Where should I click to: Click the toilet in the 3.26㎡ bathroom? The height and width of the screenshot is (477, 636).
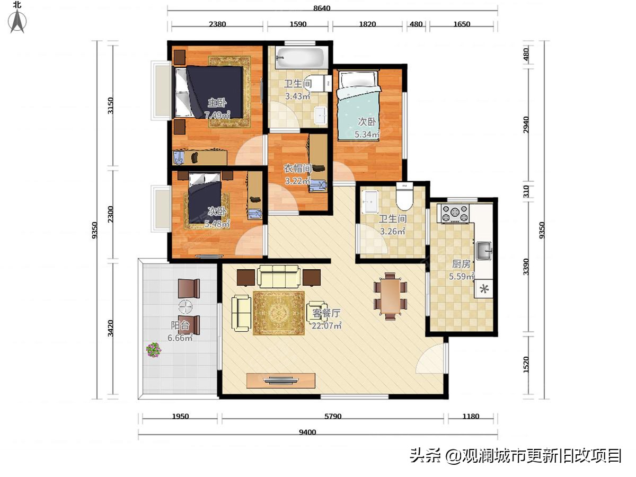coord(404,197)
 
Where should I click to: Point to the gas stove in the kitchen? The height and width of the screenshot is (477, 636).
coord(455,214)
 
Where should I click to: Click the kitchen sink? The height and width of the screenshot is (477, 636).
coord(483,250)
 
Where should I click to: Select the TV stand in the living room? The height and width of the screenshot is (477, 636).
coord(281,381)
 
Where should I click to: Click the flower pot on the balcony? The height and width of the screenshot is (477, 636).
coord(154,350)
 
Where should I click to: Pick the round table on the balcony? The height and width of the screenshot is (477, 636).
coord(186,307)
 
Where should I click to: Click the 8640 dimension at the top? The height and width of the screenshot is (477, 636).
coord(321,8)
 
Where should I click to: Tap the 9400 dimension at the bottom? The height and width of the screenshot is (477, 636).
coord(307,432)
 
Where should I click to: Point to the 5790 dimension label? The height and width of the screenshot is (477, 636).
coord(332,417)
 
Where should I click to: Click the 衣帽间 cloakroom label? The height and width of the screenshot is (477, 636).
coord(297,169)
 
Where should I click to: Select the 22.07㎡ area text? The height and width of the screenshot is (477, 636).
coord(326,326)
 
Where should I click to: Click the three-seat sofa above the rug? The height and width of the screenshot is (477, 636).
coord(278,276)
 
